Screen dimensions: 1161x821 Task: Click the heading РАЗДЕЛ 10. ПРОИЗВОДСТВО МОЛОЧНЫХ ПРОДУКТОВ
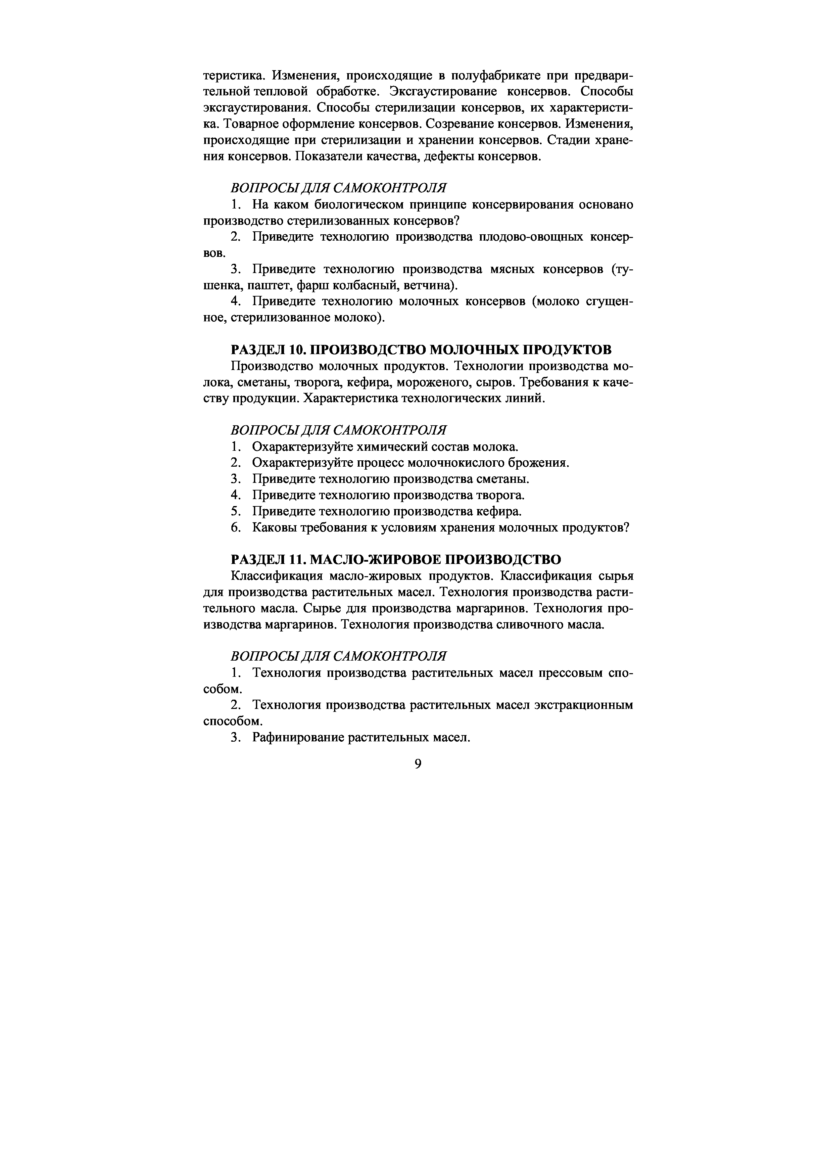click(x=421, y=349)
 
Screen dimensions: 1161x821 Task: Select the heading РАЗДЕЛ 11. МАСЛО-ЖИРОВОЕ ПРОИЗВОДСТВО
click(x=396, y=559)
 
